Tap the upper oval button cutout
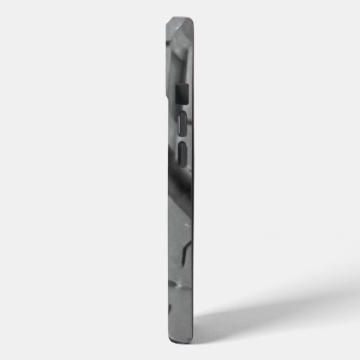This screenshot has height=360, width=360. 183,124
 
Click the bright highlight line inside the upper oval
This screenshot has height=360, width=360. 181,124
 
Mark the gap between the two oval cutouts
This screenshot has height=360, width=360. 183,139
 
